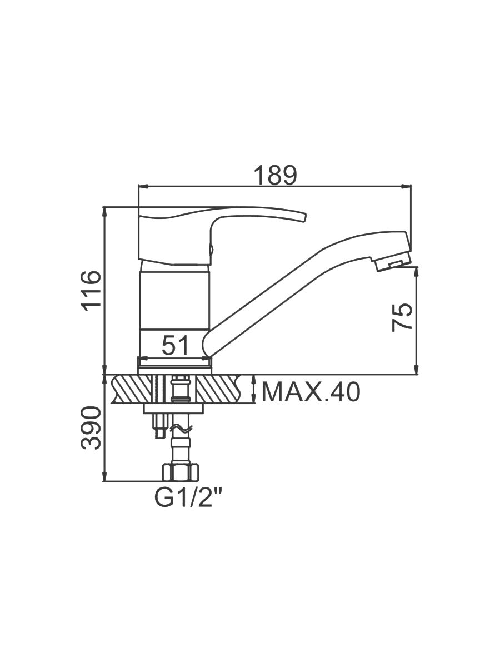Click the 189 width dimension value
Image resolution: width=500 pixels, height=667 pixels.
coord(275,175)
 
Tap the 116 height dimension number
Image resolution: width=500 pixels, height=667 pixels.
coord(91,291)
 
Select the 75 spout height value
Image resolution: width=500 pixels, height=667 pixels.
coord(402,317)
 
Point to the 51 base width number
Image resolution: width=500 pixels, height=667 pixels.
coord(176,346)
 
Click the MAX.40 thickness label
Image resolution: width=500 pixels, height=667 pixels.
coord(311,392)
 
